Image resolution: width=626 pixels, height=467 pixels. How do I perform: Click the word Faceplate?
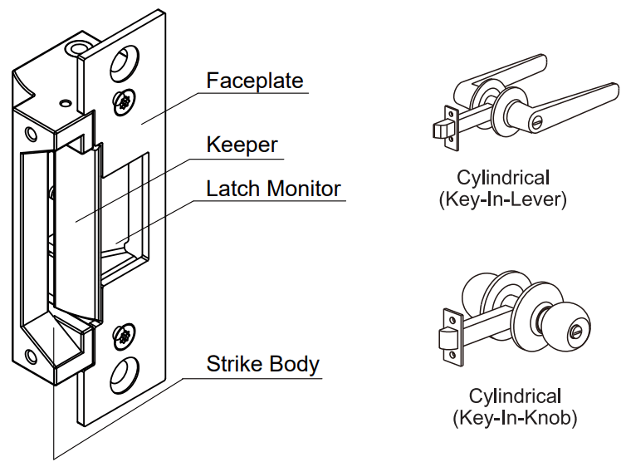255,81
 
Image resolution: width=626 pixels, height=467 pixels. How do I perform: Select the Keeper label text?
242,145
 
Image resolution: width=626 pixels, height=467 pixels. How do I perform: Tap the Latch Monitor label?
273,189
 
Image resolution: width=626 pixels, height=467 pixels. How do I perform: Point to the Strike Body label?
262,364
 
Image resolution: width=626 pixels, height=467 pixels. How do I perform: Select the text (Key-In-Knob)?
515,417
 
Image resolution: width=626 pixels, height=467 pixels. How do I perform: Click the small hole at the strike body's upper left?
31,133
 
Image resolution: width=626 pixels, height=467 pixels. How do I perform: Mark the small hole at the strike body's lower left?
31,358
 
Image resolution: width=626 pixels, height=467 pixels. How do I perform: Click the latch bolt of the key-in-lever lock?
440,129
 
